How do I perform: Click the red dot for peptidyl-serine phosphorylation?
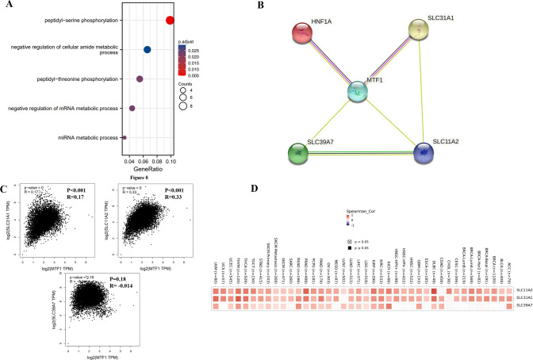pos(171,20)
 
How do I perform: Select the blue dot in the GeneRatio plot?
pos(147,50)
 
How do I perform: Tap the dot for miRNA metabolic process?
pos(125,138)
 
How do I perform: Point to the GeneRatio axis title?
pos(148,170)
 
